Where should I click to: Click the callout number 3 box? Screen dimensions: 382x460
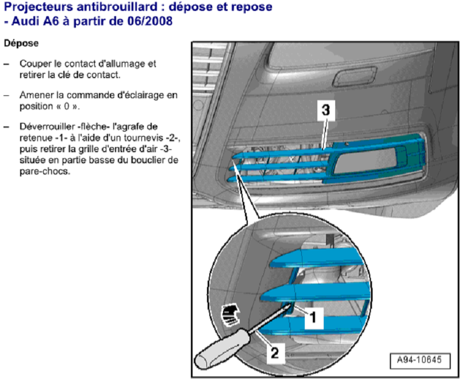click(325, 110)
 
